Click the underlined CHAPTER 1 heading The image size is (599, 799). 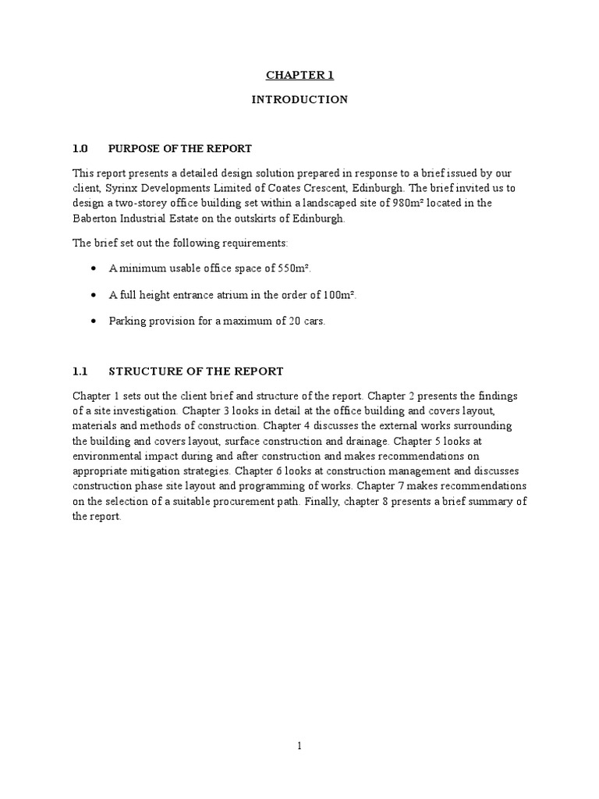tap(299, 75)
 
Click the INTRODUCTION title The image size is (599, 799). tap(299, 100)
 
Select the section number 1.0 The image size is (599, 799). tap(81, 148)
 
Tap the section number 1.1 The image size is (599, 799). tap(81, 371)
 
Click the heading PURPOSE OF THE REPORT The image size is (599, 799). tap(180, 148)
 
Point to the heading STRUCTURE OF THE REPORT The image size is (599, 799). tap(196, 371)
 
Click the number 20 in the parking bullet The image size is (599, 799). tap(291, 321)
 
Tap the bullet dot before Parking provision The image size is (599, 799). tap(94, 321)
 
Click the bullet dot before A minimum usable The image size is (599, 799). tap(94, 268)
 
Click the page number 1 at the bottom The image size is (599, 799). tap(299, 745)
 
